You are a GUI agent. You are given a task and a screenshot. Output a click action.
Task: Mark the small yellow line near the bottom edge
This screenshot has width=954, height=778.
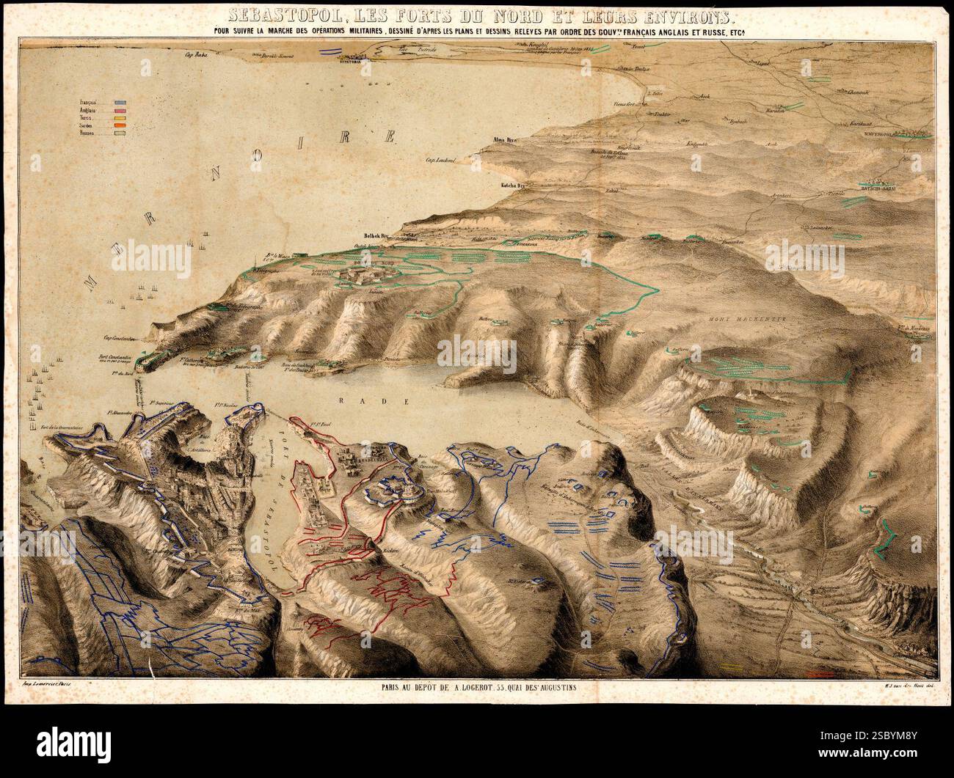coord(731,666)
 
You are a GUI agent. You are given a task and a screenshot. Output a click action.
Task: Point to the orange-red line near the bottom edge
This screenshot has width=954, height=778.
coord(818,672)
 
